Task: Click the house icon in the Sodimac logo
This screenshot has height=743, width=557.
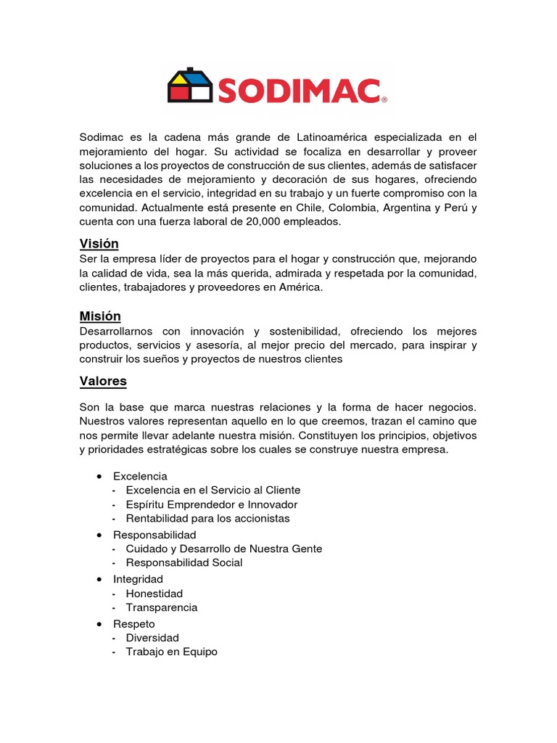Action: [x=190, y=86]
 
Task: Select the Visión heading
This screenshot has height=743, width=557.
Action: [x=99, y=243]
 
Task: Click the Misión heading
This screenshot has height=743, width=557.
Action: [x=99, y=316]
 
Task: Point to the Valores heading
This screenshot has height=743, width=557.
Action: [x=102, y=381]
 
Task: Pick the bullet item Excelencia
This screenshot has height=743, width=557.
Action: [x=140, y=476]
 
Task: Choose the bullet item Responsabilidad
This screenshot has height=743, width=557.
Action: [x=154, y=535]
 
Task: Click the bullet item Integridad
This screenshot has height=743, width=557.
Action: [x=138, y=579]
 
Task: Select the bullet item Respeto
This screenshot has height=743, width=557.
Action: [x=133, y=623]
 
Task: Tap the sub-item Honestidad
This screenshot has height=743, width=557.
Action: [x=154, y=594]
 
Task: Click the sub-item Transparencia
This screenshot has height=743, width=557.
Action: [x=161, y=607]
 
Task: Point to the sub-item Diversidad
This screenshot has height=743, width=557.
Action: [x=152, y=638]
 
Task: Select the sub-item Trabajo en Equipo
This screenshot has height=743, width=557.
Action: [x=171, y=652]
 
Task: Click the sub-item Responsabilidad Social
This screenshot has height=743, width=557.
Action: [x=184, y=562]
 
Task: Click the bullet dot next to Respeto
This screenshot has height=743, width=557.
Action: [x=99, y=624]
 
